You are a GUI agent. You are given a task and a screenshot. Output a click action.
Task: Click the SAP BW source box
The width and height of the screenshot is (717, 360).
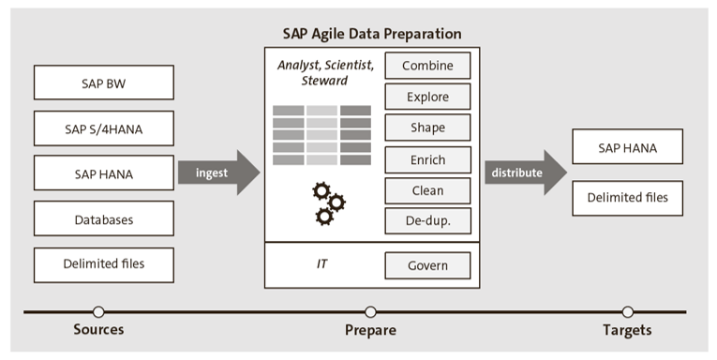(103, 82)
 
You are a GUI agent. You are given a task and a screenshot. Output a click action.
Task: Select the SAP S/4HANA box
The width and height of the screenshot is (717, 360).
(103, 127)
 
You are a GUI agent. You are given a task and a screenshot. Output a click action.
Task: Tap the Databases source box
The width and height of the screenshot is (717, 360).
(103, 219)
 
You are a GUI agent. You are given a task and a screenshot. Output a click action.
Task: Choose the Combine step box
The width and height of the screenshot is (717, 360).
(427, 67)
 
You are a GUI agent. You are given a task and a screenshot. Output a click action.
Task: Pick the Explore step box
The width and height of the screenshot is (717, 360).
(427, 97)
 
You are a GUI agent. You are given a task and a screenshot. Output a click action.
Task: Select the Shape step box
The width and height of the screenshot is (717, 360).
(427, 128)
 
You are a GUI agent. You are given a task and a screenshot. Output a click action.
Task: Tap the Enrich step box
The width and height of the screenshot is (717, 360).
(427, 160)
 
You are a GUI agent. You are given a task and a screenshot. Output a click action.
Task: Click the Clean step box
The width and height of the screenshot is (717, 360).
(427, 191)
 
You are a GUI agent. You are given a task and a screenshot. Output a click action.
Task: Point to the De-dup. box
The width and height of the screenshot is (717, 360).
(427, 222)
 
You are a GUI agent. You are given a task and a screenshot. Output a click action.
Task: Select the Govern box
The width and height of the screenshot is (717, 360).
(427, 265)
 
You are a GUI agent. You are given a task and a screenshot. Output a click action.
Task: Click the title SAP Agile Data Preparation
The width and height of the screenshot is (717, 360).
(372, 34)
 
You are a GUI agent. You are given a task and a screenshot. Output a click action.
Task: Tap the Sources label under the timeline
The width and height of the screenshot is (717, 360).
(98, 330)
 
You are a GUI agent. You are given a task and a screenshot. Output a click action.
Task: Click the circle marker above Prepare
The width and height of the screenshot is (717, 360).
(371, 311)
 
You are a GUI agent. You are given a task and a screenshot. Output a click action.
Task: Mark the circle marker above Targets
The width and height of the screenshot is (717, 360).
(627, 311)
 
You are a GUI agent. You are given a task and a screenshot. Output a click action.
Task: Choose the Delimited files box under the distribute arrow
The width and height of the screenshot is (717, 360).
(627, 198)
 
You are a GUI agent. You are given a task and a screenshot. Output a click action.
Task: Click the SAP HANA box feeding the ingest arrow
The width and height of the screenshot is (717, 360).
(103, 173)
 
